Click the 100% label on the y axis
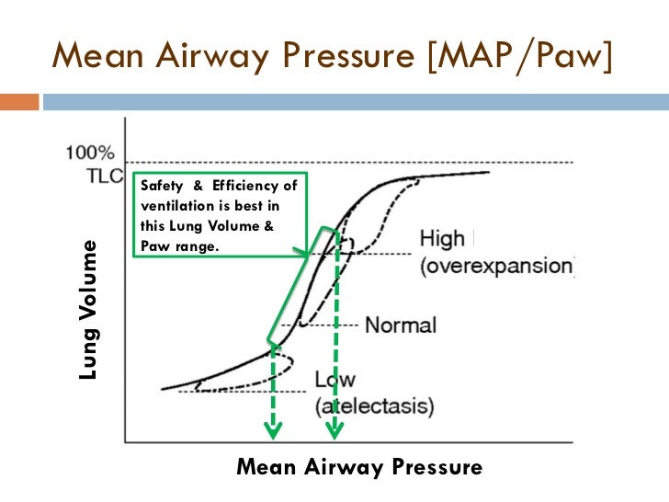coord(91,153)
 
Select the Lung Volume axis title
coord(88,311)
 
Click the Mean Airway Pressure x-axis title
coord(359,467)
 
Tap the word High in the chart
coord(442,239)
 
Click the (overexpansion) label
coord(497,265)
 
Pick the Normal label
coord(401,325)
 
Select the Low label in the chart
coord(335,380)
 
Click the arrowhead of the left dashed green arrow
coord(273,429)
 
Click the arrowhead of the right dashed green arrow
coord(334,429)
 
